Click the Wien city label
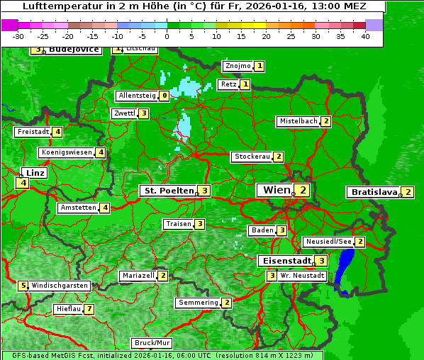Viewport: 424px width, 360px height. [x=277, y=190]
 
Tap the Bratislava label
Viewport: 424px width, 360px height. [x=374, y=192]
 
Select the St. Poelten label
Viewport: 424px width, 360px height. [x=168, y=191]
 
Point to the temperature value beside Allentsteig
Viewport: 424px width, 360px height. [x=164, y=96]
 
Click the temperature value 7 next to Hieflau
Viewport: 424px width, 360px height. [x=89, y=309]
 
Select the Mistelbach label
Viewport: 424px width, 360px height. [x=299, y=121]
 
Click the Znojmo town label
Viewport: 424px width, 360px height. [x=238, y=66]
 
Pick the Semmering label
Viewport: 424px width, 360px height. [x=199, y=303]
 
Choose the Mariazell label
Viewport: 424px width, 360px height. [x=138, y=275]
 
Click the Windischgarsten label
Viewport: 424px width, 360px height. [x=60, y=286]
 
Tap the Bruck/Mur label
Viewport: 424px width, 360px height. [x=152, y=343]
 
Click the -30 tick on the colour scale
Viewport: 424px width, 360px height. [x=18, y=35]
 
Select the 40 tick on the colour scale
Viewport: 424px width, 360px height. [x=365, y=35]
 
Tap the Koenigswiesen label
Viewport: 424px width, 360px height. [x=67, y=152]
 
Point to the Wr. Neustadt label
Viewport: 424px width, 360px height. [x=303, y=275]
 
